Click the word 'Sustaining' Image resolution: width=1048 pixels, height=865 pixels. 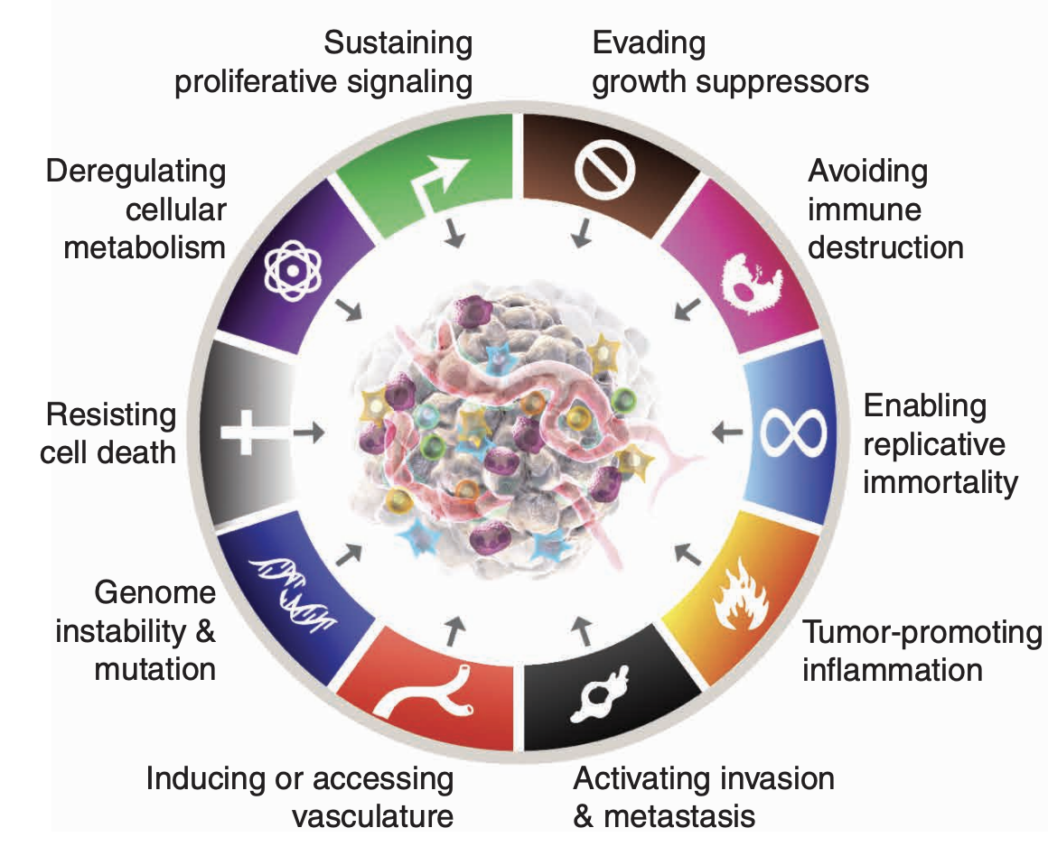(x=398, y=43)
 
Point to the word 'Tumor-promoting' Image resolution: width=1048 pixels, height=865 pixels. (x=922, y=632)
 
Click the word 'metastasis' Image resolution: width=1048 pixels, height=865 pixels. (x=678, y=816)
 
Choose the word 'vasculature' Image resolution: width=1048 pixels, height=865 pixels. (x=372, y=816)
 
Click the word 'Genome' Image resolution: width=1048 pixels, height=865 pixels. (x=155, y=592)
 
